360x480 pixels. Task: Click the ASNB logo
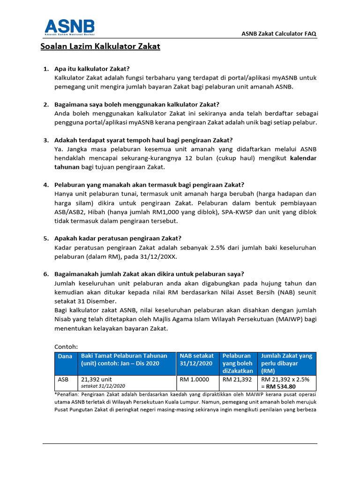69,29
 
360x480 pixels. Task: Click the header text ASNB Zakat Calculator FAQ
279,34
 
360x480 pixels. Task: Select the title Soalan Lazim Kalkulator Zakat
100,46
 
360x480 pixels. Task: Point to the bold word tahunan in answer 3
67,167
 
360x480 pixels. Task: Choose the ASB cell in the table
63,379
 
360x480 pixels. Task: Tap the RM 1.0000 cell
194,379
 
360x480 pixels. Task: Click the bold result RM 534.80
280,387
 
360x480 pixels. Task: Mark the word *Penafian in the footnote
68,394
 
